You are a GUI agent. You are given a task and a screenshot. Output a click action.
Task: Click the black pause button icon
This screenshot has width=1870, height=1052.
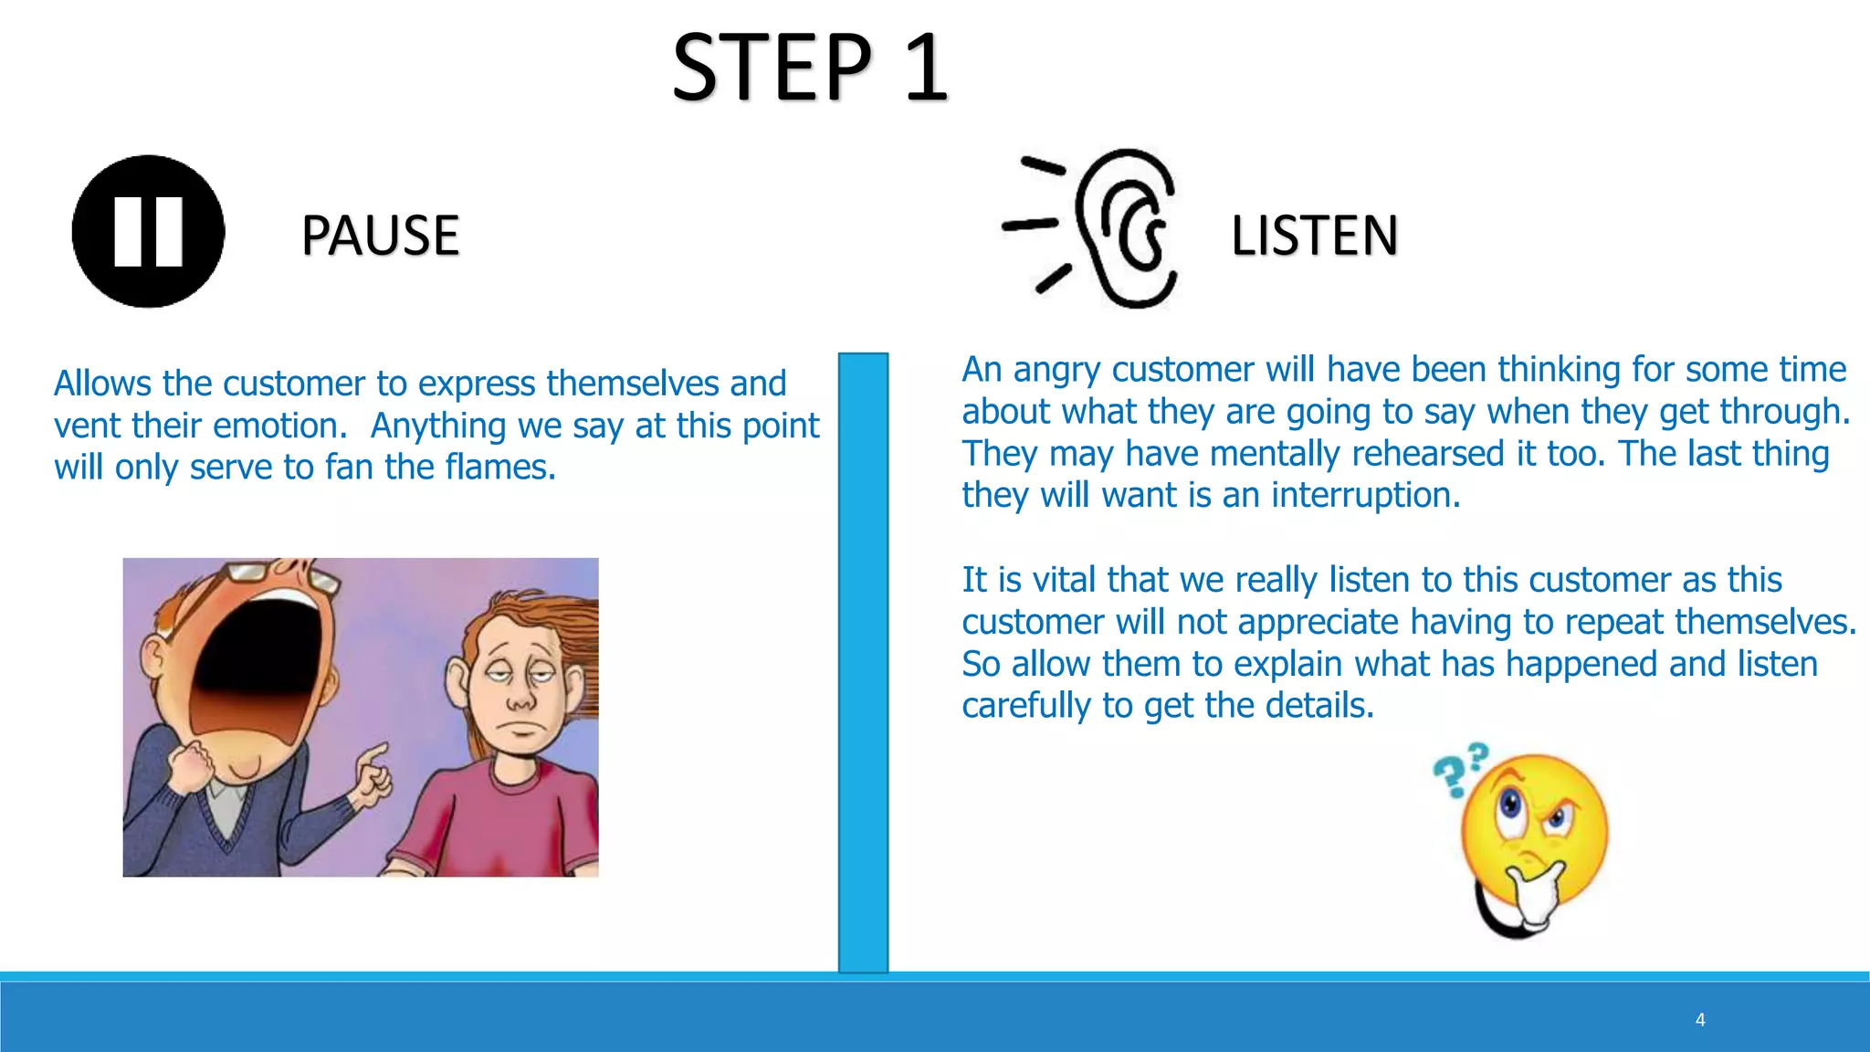[148, 231]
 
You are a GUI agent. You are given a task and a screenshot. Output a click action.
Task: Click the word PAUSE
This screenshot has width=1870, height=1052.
[380, 236]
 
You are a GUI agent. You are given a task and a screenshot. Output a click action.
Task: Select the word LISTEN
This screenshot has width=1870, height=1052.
[1314, 236]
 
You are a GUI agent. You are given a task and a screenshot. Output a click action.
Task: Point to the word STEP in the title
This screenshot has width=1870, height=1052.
[772, 68]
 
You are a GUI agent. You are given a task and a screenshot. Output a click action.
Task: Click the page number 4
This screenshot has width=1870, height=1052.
[1700, 1020]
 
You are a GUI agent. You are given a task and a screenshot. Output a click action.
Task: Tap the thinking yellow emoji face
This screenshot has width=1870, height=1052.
[1534, 831]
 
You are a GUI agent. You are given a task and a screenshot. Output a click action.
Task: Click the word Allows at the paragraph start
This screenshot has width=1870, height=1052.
[102, 384]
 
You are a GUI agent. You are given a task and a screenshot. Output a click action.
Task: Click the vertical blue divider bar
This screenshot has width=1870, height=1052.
[863, 662]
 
